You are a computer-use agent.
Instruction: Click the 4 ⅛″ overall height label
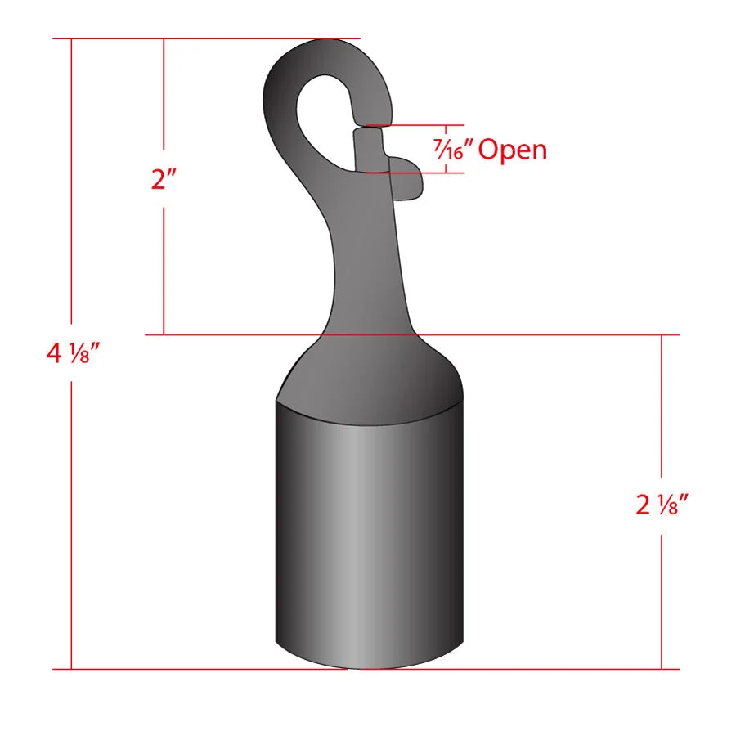[x=74, y=353]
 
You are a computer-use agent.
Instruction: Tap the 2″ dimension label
[x=164, y=179]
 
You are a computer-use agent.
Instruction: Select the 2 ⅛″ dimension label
[x=662, y=505]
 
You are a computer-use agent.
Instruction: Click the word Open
[x=513, y=150]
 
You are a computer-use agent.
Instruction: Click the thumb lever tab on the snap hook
[x=406, y=178]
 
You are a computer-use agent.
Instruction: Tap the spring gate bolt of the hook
[x=369, y=150]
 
